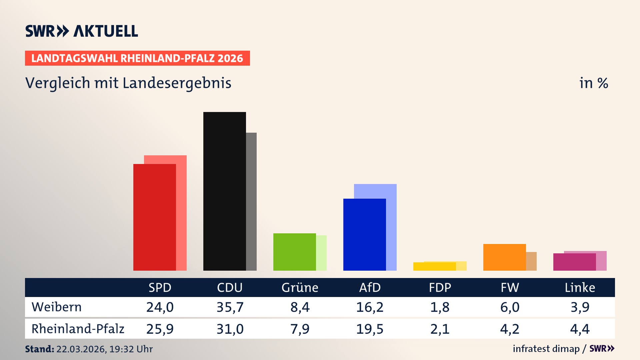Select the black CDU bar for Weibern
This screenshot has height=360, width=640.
224,191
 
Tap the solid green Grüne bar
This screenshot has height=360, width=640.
294,252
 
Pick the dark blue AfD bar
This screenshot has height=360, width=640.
364,234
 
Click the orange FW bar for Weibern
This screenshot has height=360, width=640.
504,257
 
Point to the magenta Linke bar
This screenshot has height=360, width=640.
574,262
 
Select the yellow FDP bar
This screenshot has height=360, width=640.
434,266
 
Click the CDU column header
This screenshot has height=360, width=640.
230,287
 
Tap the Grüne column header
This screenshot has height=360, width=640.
300,287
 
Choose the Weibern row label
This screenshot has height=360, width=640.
57,307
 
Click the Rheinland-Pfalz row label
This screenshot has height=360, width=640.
78,329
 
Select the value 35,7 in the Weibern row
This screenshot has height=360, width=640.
230,307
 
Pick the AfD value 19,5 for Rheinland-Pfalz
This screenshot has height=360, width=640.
370,329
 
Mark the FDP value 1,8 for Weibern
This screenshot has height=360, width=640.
440,307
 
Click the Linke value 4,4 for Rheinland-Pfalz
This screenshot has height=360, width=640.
580,329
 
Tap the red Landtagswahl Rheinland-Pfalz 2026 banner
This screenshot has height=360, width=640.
137,58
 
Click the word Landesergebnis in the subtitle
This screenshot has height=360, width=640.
177,83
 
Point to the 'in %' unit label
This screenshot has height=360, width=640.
593,83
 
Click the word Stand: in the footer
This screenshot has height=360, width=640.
39,349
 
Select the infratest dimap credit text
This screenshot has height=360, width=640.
546,349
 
